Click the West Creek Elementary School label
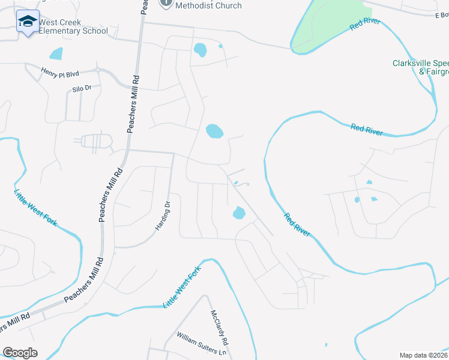click(73, 27)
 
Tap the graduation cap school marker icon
click(27, 22)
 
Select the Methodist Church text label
click(208, 5)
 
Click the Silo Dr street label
click(82, 88)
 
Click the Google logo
click(20, 353)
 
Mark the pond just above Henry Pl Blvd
click(56, 53)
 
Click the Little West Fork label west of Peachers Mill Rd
click(35, 207)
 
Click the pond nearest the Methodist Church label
click(200, 50)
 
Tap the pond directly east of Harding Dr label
click(239, 212)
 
